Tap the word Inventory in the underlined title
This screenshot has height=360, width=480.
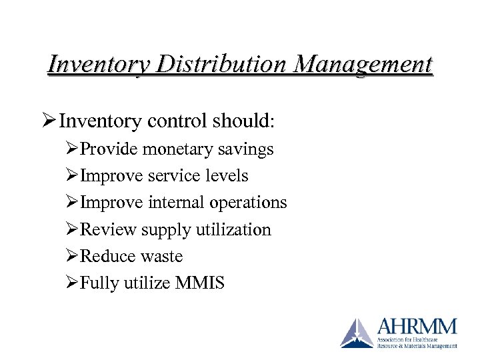(x=93, y=65)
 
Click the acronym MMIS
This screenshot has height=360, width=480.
(x=200, y=283)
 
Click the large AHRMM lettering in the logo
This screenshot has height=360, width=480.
(x=416, y=327)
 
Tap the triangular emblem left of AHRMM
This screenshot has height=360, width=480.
(x=357, y=333)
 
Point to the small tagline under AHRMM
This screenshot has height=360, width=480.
(x=417, y=343)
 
